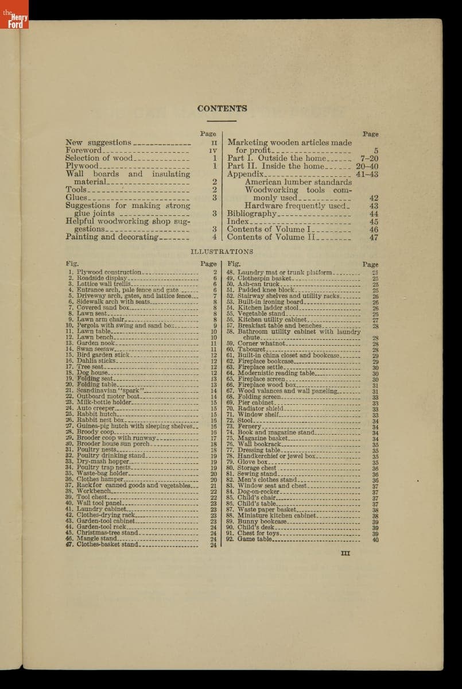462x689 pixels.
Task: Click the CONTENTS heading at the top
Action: point(222,109)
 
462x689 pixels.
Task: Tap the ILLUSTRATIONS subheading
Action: point(222,251)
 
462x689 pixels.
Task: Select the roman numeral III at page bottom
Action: point(345,553)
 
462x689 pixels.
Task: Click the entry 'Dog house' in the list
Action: point(92,373)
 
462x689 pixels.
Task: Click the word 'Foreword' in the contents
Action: point(83,150)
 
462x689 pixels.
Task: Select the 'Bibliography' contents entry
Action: point(251,214)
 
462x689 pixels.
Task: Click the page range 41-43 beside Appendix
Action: point(367,174)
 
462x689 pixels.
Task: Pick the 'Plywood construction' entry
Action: point(108,272)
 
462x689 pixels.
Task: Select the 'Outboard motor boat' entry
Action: point(108,396)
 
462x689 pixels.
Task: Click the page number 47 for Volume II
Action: point(374,237)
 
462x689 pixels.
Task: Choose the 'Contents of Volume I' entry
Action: point(265,229)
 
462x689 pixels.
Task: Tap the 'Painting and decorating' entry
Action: point(111,237)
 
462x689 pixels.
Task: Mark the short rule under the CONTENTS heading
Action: point(222,121)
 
